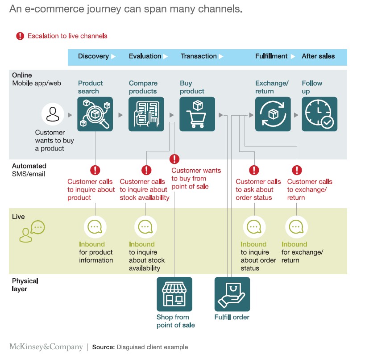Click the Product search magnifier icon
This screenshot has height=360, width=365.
click(95, 114)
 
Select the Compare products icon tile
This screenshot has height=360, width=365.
click(146, 114)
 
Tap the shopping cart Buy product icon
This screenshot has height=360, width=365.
click(197, 114)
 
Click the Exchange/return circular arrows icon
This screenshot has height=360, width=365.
click(273, 114)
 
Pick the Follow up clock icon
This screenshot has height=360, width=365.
click(319, 114)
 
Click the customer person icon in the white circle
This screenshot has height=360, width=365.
click(53, 114)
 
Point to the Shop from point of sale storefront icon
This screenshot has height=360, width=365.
click(174, 294)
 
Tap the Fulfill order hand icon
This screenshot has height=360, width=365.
click(232, 294)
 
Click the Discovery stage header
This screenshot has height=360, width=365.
click(93, 56)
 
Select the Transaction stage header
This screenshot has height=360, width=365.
click(199, 56)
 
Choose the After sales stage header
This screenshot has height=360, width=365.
click(318, 56)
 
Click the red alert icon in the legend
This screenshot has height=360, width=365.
click(20, 36)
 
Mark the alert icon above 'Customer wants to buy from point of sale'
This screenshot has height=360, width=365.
click(174, 159)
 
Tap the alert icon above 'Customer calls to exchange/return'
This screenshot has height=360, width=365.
click(297, 170)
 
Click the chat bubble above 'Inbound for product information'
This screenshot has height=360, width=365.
click(95, 227)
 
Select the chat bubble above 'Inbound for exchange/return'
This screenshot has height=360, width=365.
click(296, 227)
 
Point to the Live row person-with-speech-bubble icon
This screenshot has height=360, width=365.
click(32, 231)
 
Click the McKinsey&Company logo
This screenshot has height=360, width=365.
click(46, 347)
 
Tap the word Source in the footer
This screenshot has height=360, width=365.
click(104, 347)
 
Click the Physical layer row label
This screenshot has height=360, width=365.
click(25, 285)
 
